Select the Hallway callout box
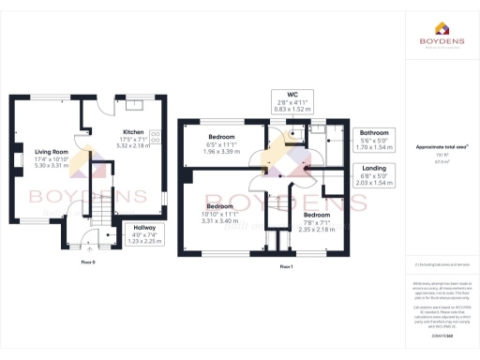pos(144,234)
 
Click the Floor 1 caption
pos(287,267)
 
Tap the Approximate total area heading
pos(440,147)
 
